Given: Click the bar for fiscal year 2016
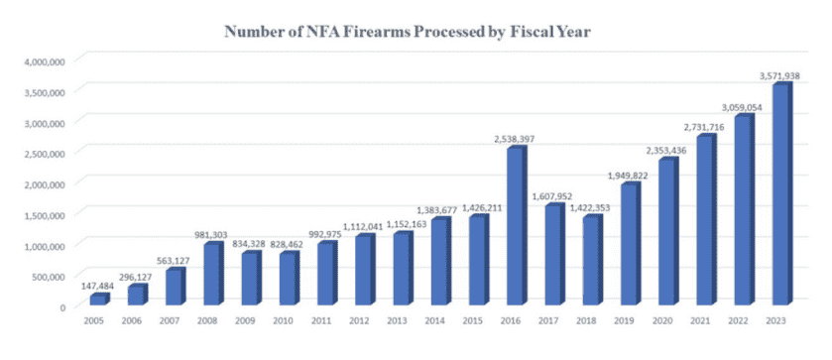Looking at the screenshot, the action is click(518, 225).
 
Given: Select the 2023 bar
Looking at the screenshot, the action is click(782, 193).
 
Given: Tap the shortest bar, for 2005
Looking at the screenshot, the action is click(100, 300).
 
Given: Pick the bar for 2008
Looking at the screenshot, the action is click(214, 274).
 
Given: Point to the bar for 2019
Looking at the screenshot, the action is click(631, 243).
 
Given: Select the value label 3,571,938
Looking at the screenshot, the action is click(778, 76).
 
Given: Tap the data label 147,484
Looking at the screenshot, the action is click(97, 287).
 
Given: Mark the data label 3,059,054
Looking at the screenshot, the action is click(741, 108).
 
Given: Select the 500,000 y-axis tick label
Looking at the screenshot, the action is click(50, 276).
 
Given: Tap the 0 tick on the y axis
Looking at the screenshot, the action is click(62, 306).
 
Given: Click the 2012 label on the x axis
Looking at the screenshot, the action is click(359, 320).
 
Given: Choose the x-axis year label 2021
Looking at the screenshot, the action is click(700, 320).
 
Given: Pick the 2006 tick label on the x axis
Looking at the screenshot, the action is click(132, 320).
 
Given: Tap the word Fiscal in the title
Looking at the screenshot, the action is click(534, 32).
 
